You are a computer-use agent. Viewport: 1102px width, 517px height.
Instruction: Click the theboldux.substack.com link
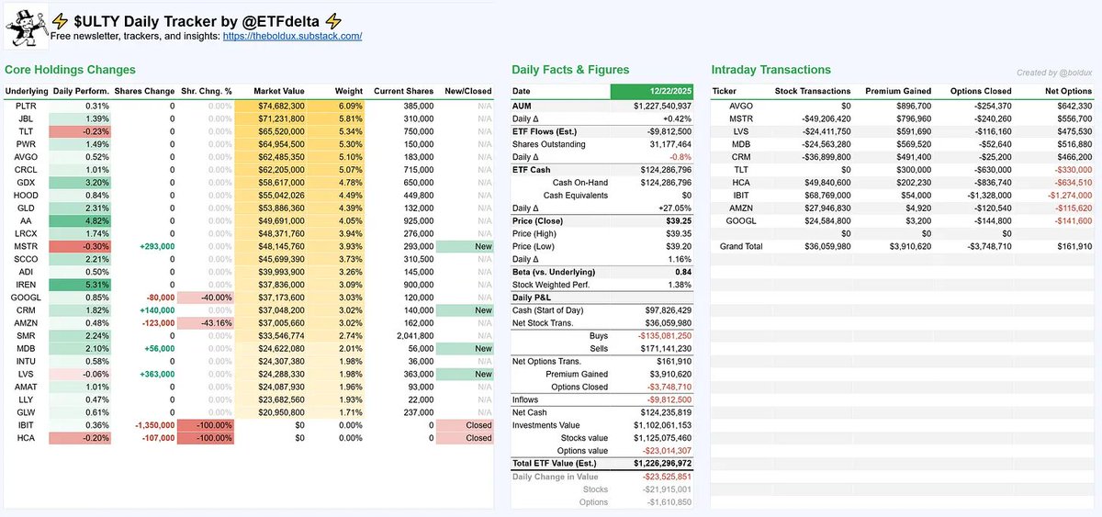tap(292, 37)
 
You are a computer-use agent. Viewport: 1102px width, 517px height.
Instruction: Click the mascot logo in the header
tap(26, 26)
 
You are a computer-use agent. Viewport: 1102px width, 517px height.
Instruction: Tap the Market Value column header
tap(279, 91)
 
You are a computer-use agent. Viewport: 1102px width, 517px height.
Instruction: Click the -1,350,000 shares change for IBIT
tap(148, 426)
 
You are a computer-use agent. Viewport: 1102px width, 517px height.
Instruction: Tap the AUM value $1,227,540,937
tap(652, 107)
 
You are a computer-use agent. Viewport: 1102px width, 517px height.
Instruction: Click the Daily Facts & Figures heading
tap(570, 70)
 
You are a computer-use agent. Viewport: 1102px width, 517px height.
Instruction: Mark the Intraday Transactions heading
tap(770, 70)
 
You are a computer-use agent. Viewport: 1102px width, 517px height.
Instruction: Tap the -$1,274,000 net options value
tap(1065, 196)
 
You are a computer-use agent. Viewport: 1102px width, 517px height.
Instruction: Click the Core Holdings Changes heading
tap(70, 70)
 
